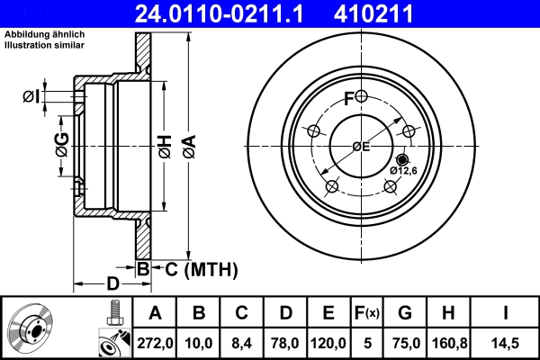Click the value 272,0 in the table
click(x=156, y=343)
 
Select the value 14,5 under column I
click(x=506, y=343)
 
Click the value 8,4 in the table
click(x=242, y=343)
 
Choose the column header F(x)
click(x=367, y=313)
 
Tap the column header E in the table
click(x=328, y=313)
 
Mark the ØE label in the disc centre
click(x=361, y=146)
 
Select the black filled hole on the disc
click(x=402, y=159)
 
